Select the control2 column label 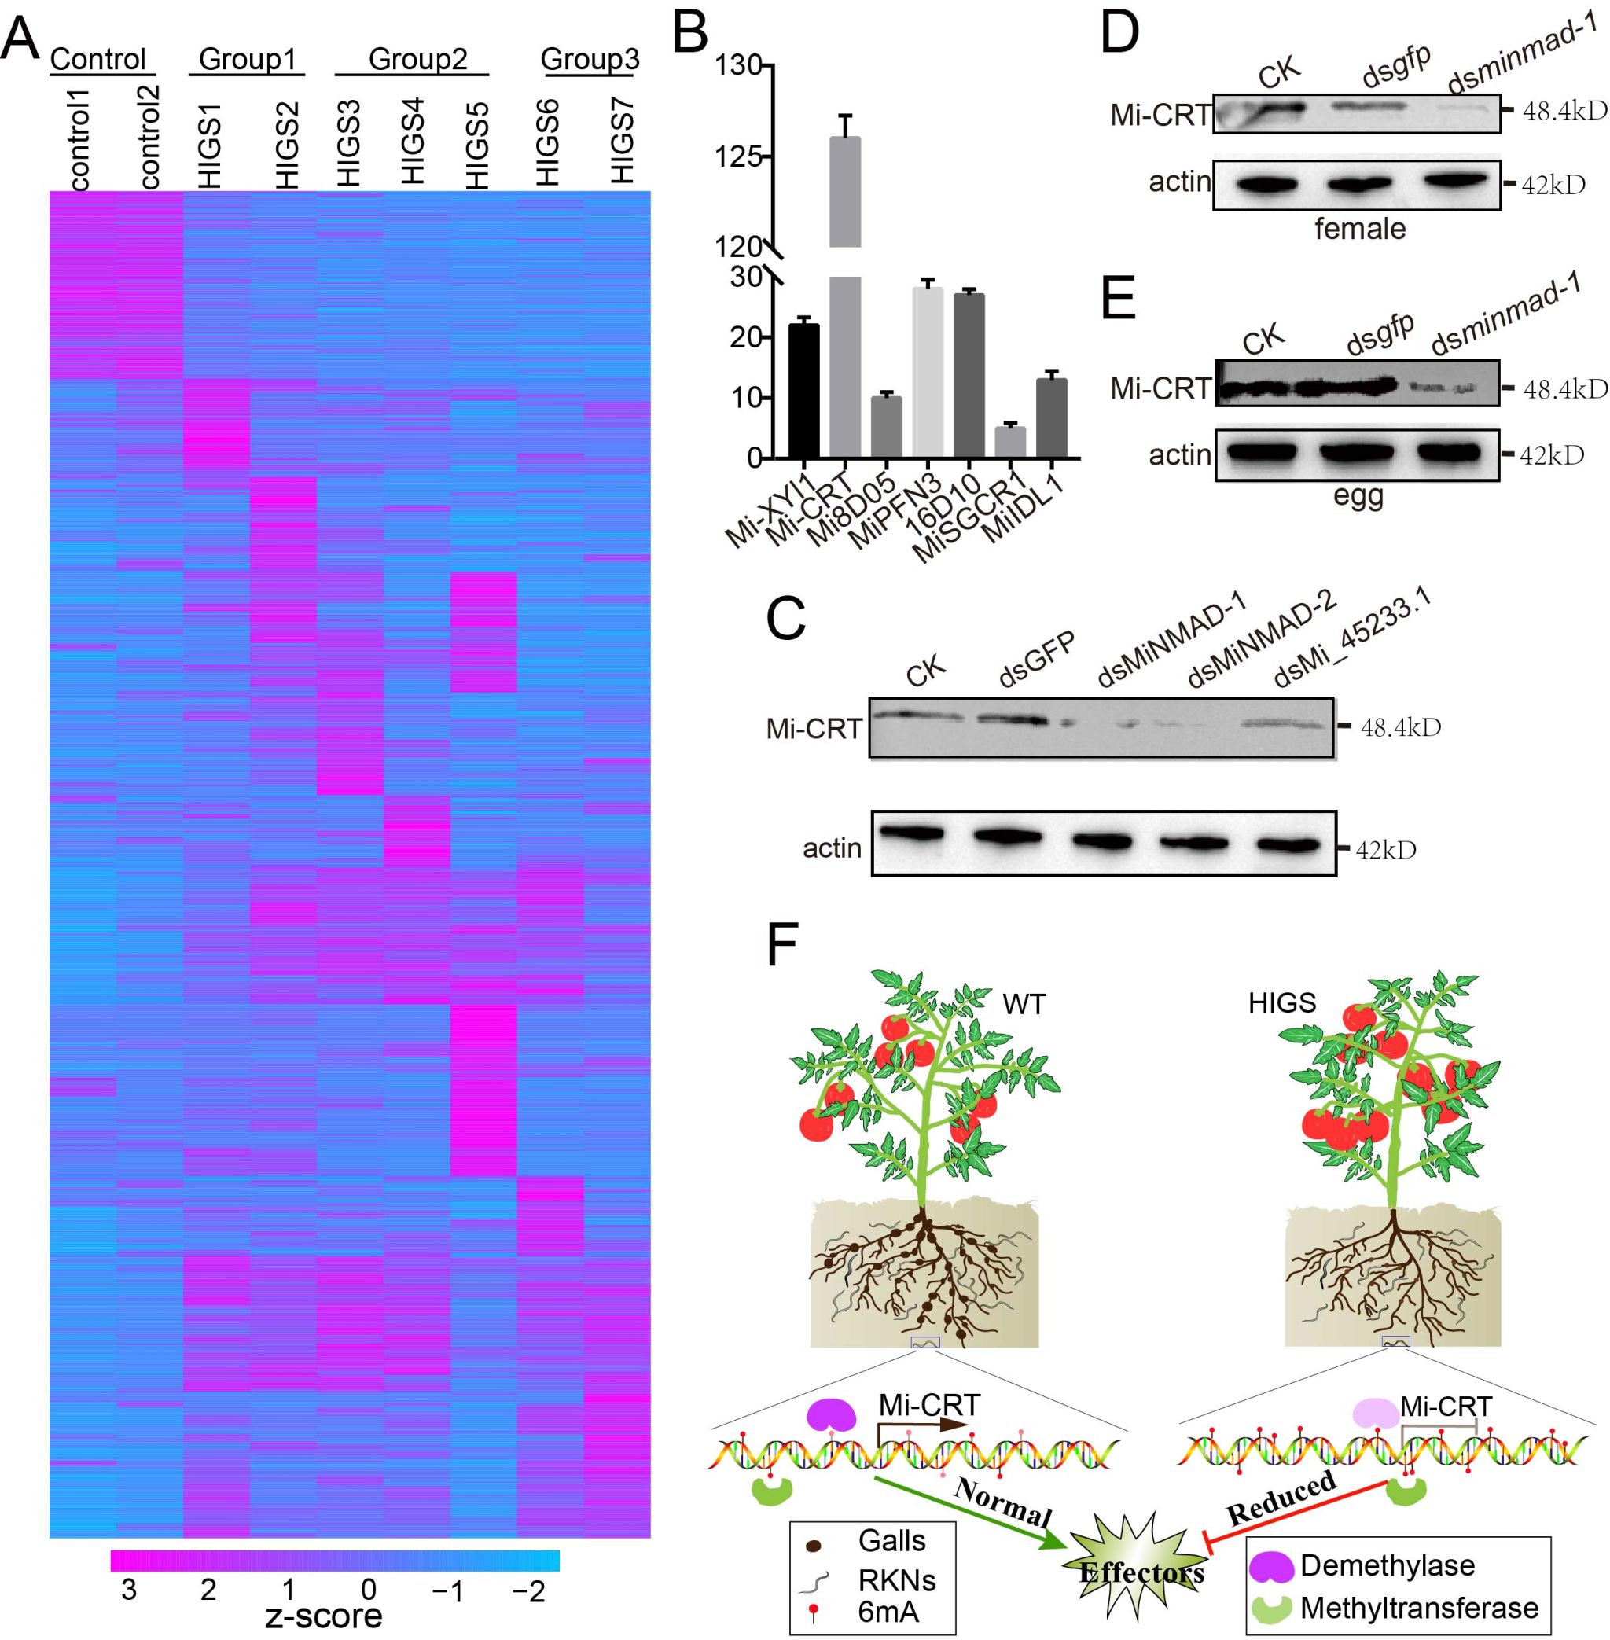tap(149, 137)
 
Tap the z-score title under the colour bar tap(324, 1616)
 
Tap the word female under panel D tap(1360, 228)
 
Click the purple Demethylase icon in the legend tap(1272, 1565)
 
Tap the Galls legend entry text tap(891, 1540)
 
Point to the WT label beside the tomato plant tap(1024, 1004)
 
